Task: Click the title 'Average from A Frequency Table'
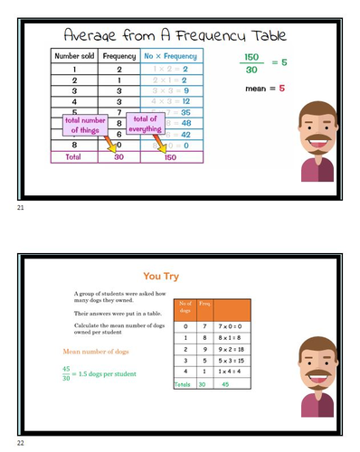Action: pyautogui.click(x=175, y=35)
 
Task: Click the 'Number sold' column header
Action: pyautogui.click(x=74, y=56)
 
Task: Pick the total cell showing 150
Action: pyautogui.click(x=170, y=156)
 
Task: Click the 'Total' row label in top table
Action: pyautogui.click(x=74, y=156)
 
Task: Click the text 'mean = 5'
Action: pyautogui.click(x=265, y=89)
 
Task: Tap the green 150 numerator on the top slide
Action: pyautogui.click(x=252, y=57)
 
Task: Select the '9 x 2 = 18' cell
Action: pyautogui.click(x=229, y=348)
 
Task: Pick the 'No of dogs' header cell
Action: pyautogui.click(x=184, y=306)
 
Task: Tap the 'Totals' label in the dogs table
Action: pyautogui.click(x=183, y=383)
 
